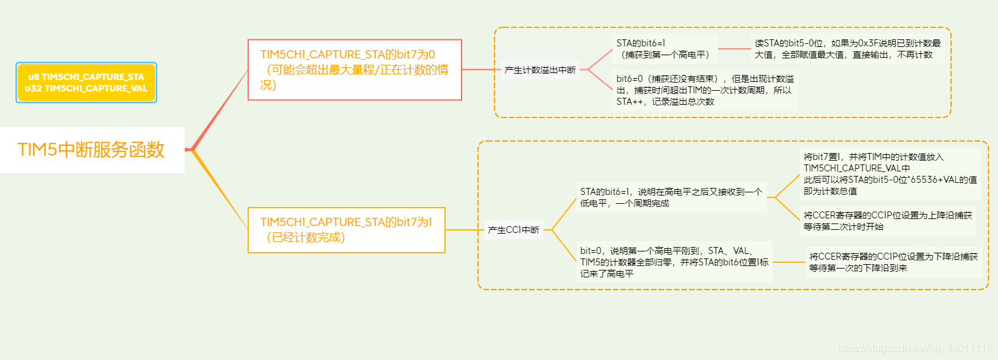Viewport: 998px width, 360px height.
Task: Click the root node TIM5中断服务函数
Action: point(92,150)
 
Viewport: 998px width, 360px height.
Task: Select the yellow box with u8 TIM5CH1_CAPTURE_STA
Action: point(86,83)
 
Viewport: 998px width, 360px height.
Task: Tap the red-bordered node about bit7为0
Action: point(354,70)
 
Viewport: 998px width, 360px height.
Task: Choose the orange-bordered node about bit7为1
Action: point(346,230)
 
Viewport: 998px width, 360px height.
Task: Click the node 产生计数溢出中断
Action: point(540,70)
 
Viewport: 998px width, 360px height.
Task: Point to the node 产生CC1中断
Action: point(514,230)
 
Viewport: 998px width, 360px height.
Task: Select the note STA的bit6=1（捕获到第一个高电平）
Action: point(664,49)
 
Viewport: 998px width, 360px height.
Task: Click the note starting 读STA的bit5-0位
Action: point(848,49)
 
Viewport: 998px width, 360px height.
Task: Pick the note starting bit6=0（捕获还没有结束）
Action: point(705,90)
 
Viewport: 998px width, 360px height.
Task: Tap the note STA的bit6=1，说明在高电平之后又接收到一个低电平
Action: point(671,197)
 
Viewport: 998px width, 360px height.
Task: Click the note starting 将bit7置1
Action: point(889,173)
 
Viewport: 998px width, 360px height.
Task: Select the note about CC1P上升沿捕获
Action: point(887,221)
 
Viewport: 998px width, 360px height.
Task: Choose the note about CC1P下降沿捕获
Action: point(893,262)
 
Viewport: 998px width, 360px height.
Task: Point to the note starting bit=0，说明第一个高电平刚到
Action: point(674,262)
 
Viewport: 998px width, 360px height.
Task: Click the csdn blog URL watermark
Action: point(914,348)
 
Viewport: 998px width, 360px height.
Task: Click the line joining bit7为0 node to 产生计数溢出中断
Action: point(481,69)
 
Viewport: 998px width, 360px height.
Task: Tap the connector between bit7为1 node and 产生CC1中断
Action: point(464,230)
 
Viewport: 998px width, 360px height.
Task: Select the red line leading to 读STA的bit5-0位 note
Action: point(734,49)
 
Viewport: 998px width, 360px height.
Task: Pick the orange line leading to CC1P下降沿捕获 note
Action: point(789,262)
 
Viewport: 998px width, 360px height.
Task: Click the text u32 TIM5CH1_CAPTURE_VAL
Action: point(86,89)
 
